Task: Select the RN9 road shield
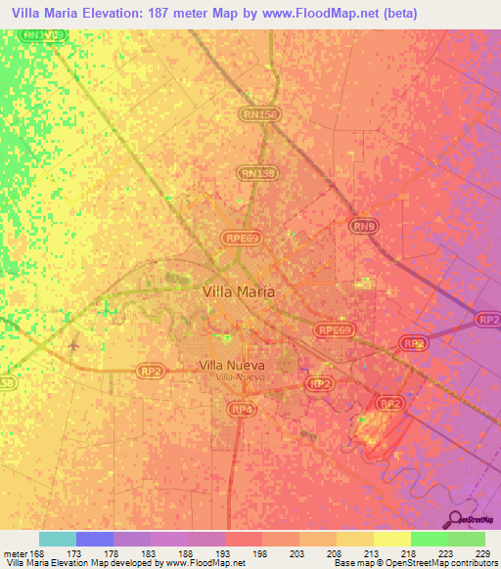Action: [x=364, y=228]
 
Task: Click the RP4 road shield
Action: [x=242, y=408]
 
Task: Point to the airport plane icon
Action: [x=75, y=345]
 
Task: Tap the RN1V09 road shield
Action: [x=45, y=35]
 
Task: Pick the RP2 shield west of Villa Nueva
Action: [x=150, y=371]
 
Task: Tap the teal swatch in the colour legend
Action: [x=58, y=539]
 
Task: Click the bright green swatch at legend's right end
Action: [x=467, y=539]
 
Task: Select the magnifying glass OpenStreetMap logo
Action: [x=455, y=519]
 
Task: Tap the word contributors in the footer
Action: [x=470, y=564]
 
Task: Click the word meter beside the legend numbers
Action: [x=14, y=553]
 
